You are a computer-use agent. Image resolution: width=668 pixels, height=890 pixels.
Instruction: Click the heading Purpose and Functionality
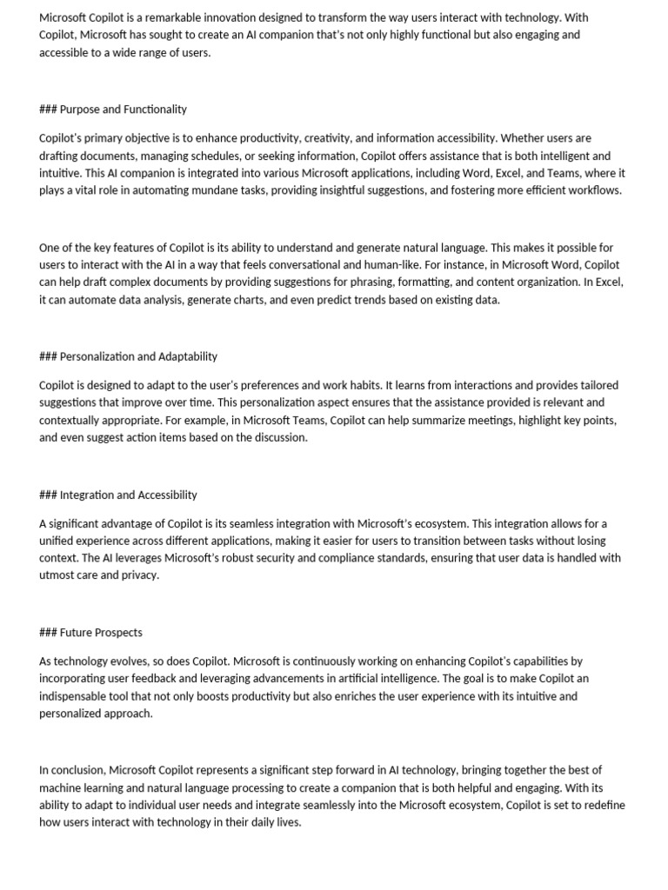(123, 110)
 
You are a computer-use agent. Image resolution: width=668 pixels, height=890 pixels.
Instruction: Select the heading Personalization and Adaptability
(138, 356)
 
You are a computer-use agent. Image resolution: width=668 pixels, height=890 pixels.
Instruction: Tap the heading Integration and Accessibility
(128, 495)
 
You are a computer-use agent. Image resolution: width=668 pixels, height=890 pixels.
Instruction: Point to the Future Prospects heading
(101, 633)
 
